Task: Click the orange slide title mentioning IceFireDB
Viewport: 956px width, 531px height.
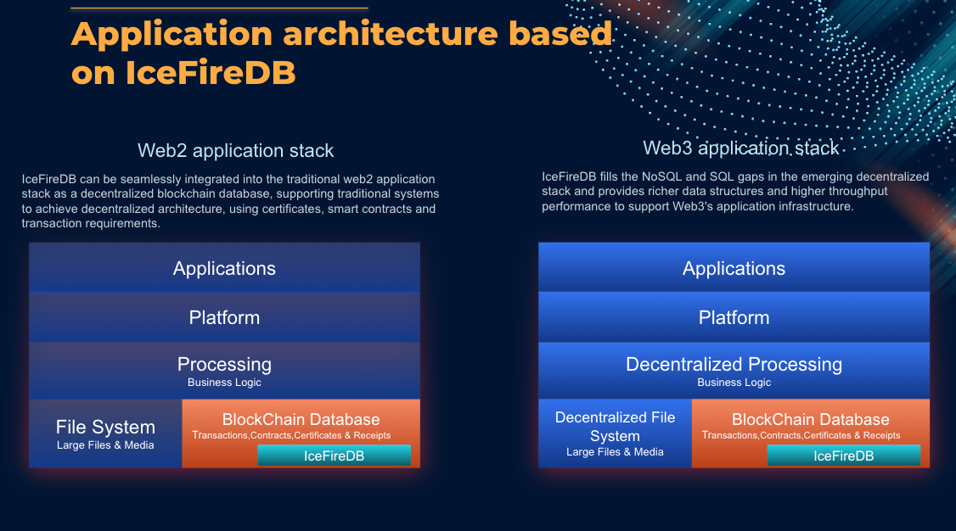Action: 340,53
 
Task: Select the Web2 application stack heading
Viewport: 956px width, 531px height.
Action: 235,151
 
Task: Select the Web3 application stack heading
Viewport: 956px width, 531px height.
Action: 740,148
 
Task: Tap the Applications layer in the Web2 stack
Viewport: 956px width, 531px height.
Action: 224,269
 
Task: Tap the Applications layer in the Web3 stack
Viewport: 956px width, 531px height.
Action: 734,269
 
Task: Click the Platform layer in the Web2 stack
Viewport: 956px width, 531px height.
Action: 224,318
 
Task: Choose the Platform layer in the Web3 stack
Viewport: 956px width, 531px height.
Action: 734,318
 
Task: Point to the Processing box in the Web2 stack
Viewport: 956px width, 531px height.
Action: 224,365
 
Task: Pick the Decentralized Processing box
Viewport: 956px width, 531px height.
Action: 734,365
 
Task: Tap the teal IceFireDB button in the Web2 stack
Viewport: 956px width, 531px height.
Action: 334,456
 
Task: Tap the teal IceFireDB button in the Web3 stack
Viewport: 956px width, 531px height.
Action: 843,456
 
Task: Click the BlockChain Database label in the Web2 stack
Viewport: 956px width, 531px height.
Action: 301,420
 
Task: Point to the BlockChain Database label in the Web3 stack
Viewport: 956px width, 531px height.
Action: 810,420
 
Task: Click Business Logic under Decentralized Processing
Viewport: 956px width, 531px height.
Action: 734,383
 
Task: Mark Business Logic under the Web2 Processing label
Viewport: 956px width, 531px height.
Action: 224,383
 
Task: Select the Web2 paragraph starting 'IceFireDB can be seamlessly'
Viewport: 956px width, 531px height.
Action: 229,201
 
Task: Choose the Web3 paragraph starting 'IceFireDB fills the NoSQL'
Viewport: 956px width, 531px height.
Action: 735,191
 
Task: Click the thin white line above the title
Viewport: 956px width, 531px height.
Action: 219,8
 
